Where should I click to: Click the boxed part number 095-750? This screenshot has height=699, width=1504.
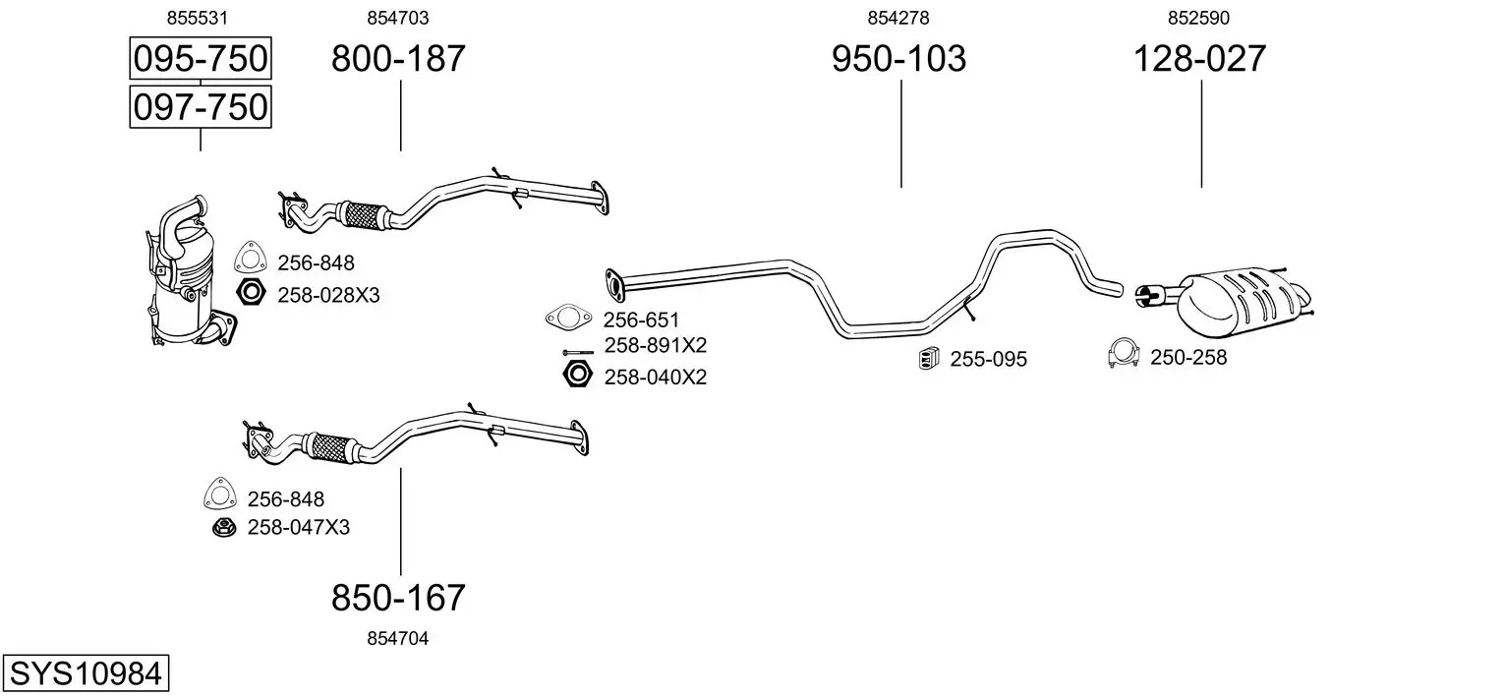point(201,58)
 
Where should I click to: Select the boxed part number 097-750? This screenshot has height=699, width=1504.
point(201,107)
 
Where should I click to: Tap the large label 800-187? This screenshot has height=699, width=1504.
point(398,58)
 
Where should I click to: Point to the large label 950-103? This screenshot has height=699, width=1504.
point(899,58)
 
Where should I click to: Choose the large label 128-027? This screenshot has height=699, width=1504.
point(1199,58)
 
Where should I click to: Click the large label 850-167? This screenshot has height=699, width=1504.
point(398,597)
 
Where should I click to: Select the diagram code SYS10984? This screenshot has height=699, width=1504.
point(86,672)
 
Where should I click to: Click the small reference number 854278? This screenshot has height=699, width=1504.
point(898,18)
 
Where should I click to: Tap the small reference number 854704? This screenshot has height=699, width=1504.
point(397,639)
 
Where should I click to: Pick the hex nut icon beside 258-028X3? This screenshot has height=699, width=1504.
point(251,292)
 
